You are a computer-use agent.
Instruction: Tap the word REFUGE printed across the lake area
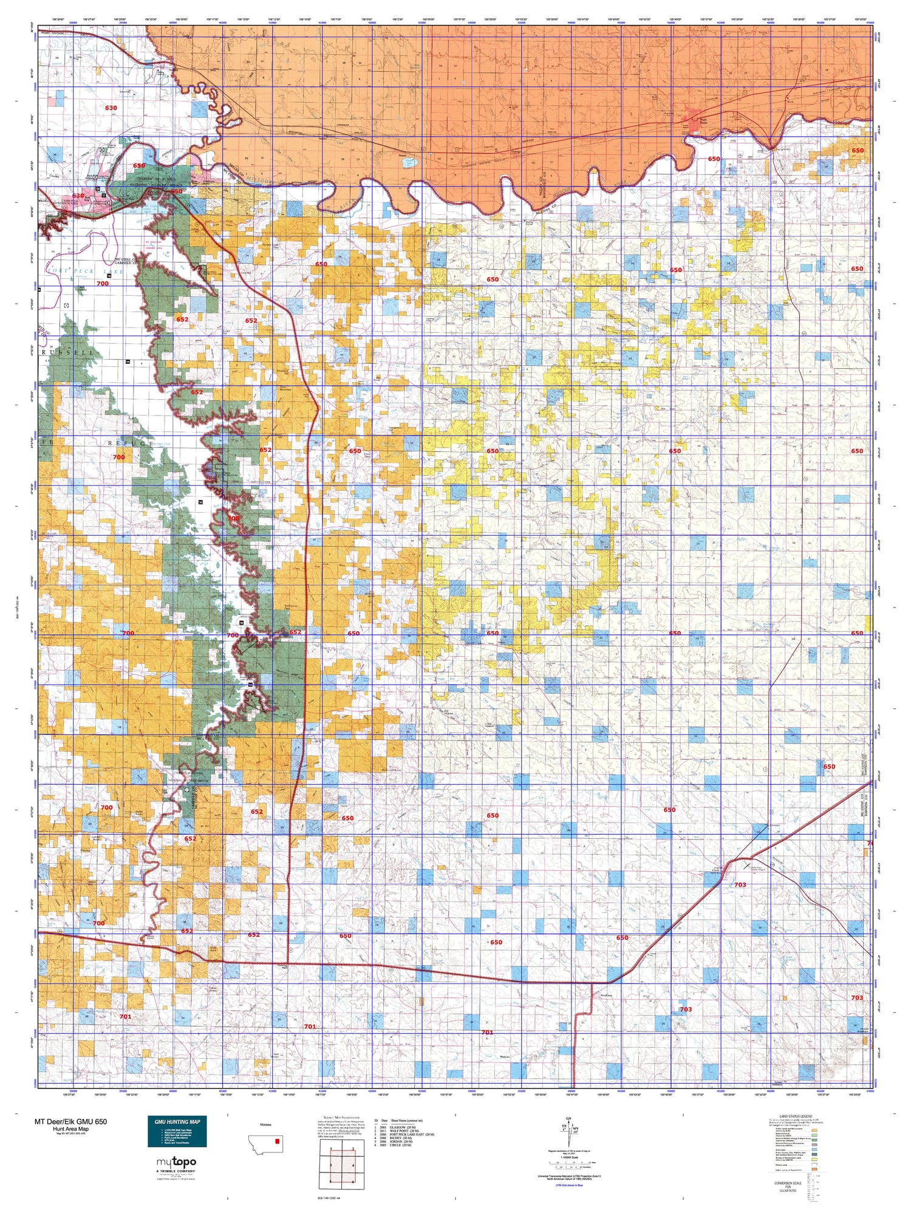(x=128, y=443)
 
